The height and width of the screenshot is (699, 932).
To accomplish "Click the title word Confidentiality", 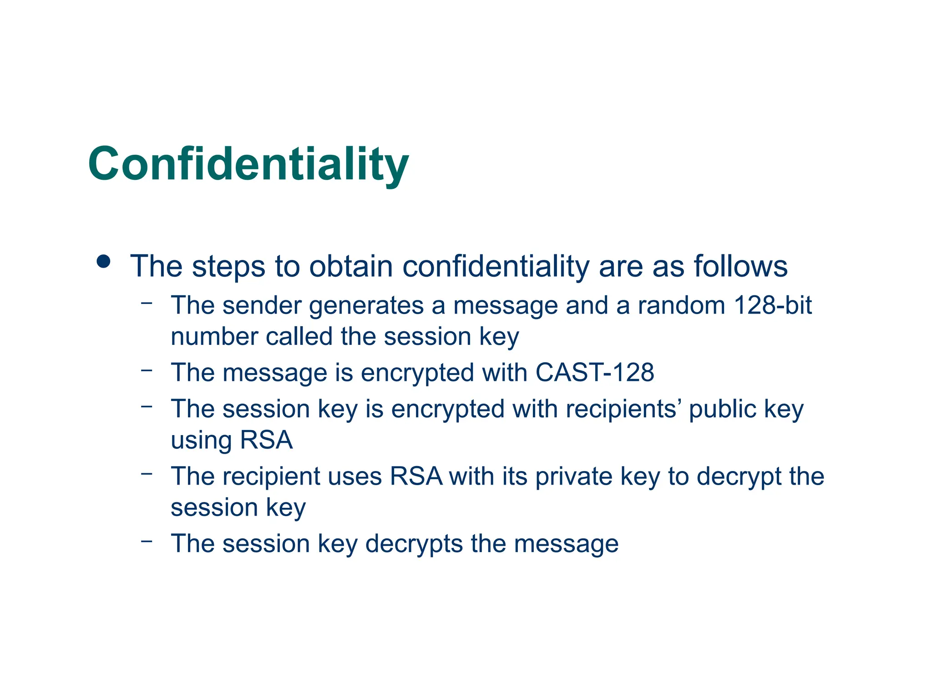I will (248, 164).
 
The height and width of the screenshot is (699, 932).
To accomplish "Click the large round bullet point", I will (104, 262).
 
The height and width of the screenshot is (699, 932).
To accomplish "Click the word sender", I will (262, 305).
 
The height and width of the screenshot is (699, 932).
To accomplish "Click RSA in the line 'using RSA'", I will (266, 440).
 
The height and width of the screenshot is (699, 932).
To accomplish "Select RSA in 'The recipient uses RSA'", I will (416, 476).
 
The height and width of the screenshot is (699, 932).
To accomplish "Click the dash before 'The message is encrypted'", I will (147, 370).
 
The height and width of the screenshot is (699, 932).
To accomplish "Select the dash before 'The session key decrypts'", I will (147, 541).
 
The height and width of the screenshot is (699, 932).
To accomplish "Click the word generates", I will (366, 305).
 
